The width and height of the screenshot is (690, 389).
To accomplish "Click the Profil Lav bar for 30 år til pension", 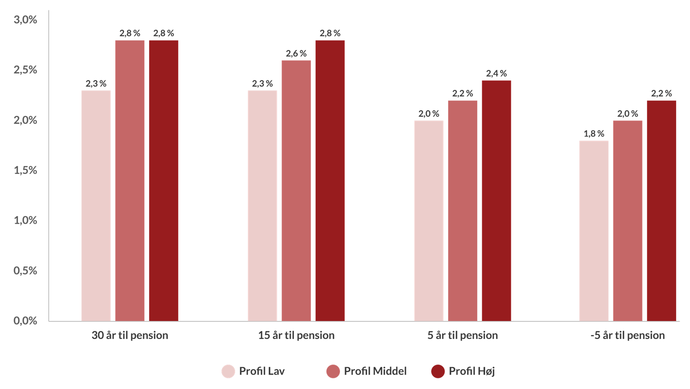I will (96, 205).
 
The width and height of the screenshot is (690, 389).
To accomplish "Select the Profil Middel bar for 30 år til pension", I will (130, 180).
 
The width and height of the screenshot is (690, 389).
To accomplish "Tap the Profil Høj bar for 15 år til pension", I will (330, 180).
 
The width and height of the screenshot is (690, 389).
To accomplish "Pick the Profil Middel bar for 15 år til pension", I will (296, 191).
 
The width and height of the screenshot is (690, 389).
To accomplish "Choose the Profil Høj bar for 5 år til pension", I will (496, 201).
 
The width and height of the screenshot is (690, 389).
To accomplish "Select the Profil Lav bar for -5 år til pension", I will (594, 231).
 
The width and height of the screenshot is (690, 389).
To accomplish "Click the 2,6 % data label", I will (296, 54).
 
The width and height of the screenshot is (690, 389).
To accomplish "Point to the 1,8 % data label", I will (594, 134).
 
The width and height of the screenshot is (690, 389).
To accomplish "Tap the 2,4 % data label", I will (496, 74).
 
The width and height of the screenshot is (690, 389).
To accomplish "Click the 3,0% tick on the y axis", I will (25, 20).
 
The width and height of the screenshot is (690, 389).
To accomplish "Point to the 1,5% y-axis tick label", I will (25, 170).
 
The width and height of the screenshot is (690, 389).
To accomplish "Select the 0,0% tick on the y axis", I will (25, 321).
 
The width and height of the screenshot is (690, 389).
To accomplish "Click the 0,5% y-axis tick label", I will (25, 271).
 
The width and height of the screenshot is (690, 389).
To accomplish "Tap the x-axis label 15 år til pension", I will (296, 335).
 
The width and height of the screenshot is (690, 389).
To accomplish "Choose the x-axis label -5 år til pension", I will (628, 335).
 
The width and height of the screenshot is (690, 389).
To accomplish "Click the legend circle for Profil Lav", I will (228, 371).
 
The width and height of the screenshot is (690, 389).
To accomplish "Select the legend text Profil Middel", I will (375, 371).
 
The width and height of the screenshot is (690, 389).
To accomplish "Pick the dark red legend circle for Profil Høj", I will (438, 371).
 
